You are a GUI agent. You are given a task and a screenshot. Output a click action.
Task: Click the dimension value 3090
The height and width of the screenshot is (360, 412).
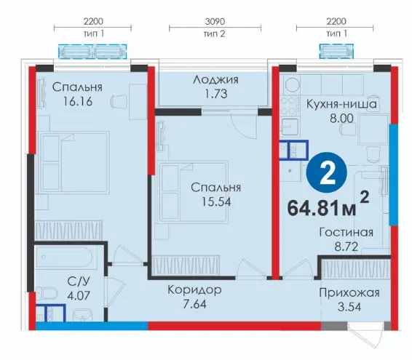coord(215,21)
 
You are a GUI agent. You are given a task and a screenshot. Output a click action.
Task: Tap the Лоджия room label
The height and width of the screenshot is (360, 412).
coord(215,79)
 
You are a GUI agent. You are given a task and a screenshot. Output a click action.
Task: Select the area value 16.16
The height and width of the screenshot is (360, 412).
coord(78,101)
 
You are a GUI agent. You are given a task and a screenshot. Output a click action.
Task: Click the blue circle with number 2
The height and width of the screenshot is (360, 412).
coord(327,172)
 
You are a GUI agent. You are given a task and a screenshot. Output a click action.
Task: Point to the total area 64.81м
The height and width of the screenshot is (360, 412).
coord(322,209)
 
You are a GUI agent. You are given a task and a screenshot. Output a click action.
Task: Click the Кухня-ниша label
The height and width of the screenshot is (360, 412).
coord(341,104)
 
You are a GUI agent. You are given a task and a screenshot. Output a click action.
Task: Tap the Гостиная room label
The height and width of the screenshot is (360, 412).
coord(346,233)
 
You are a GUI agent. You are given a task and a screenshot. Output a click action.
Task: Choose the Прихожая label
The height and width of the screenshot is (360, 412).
coord(349,292)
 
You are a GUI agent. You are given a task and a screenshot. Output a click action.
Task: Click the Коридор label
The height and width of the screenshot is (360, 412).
coord(194,290)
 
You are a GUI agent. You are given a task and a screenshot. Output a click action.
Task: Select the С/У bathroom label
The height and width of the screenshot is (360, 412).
coord(79,281)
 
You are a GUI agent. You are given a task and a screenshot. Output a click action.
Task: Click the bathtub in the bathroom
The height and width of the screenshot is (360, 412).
coord(64,257)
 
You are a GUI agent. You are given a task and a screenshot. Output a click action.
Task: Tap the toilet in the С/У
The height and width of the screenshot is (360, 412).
coord(47,293)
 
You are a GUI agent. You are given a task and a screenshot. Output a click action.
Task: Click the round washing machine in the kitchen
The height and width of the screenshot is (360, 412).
coord(291,85)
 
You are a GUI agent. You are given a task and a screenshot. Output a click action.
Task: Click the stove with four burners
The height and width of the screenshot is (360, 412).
coord(289,106)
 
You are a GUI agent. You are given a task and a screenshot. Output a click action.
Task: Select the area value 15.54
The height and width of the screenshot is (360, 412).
coord(216,201)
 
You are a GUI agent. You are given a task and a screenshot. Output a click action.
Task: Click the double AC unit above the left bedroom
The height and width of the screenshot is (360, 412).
coord(92,52)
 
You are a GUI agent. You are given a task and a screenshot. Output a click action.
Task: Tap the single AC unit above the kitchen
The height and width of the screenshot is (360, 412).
coord(336,51)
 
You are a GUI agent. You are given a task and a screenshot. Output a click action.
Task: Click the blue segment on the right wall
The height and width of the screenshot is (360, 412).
coord(394,175)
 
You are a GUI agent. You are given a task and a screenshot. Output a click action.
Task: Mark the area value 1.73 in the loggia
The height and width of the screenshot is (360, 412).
coord(216,94)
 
